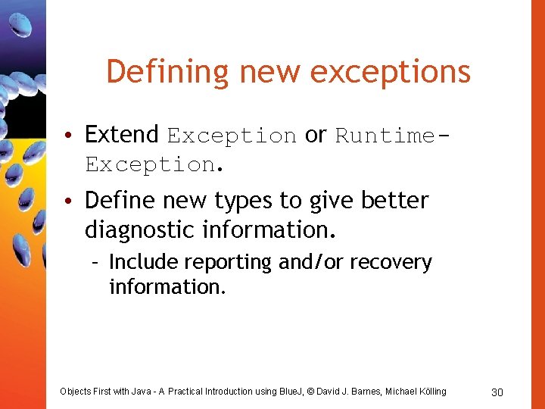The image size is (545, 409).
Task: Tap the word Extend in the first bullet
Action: click(x=121, y=135)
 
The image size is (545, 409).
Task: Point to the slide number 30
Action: click(x=497, y=392)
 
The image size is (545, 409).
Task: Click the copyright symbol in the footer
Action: click(x=300, y=392)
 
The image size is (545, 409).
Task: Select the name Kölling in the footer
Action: click(x=429, y=392)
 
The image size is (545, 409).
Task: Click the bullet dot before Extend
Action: click(x=68, y=137)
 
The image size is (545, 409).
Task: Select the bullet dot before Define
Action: click(x=68, y=202)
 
